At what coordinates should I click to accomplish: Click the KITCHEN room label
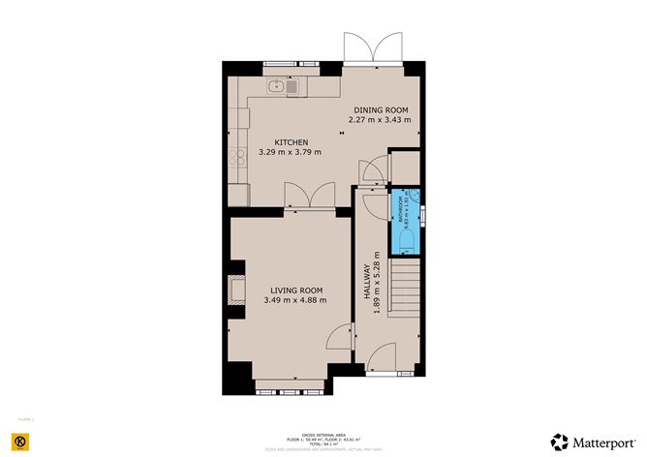click(x=291, y=142)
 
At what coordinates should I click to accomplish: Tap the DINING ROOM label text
click(x=380, y=109)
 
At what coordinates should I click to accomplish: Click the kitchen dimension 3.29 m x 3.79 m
click(x=291, y=152)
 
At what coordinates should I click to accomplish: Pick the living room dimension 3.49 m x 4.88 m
click(x=295, y=300)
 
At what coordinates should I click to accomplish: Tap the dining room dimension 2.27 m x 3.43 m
click(x=380, y=120)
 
